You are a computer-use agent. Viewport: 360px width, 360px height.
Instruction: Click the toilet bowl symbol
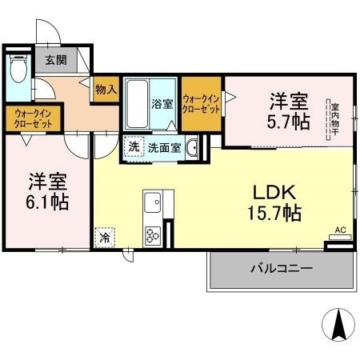(x=18, y=68)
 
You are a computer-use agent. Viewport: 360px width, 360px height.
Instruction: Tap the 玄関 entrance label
(x=56, y=60)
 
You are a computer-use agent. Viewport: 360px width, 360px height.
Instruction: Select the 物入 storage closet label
(x=106, y=90)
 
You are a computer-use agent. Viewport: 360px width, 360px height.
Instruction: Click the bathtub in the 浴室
(x=137, y=104)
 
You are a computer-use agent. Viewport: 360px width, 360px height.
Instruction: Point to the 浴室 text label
(x=162, y=104)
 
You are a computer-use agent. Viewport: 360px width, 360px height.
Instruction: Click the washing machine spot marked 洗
(x=134, y=146)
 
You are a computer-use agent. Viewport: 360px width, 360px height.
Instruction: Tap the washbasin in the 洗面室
(x=192, y=147)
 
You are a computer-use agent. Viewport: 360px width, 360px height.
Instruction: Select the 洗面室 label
(x=165, y=148)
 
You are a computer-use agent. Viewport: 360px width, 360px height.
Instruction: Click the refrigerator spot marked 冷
(x=105, y=238)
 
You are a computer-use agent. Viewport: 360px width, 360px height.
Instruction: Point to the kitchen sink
(x=153, y=202)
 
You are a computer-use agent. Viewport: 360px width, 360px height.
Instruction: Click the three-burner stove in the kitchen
(x=153, y=235)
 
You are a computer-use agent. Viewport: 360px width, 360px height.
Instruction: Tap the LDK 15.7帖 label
(x=274, y=202)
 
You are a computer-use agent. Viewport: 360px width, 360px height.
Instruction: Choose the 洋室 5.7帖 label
(x=289, y=111)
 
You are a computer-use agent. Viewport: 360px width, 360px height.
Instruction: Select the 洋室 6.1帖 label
(x=47, y=192)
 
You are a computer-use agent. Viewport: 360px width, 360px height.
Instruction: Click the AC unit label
(x=340, y=230)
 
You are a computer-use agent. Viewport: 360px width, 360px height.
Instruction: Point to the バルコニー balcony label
(x=282, y=268)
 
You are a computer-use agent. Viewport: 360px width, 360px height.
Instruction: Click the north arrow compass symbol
(x=338, y=325)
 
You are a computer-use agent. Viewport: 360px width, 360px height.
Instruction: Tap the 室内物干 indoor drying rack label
(x=334, y=120)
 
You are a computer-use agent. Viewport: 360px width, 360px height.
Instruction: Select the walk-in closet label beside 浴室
(x=202, y=104)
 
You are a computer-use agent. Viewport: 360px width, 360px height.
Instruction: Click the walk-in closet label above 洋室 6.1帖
(x=33, y=119)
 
